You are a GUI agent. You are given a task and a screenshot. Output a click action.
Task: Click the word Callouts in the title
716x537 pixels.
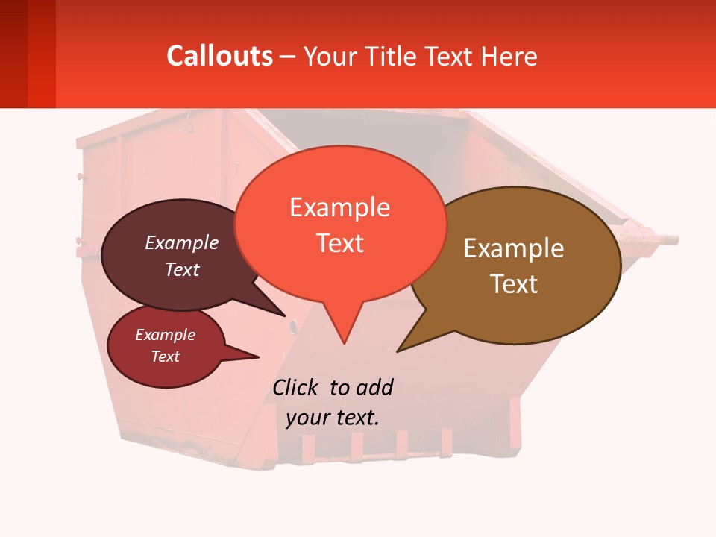click(x=219, y=56)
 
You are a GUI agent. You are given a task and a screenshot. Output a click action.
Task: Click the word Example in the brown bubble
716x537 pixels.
click(x=514, y=248)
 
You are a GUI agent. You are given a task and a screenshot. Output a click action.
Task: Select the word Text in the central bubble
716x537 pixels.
click(x=340, y=243)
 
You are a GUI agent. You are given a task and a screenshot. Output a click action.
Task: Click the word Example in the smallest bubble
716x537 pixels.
click(x=165, y=335)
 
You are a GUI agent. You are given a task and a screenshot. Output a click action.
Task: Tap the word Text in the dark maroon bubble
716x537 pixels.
click(x=182, y=270)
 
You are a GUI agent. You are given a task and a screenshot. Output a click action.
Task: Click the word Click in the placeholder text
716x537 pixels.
click(x=295, y=387)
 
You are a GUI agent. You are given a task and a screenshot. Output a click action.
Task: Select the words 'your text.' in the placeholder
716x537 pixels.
click(x=333, y=418)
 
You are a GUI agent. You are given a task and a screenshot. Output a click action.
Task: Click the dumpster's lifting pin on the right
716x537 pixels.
click(x=668, y=240)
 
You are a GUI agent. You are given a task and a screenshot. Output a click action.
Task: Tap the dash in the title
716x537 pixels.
click(x=288, y=57)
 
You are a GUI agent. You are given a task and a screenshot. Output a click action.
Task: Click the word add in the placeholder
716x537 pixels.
click(x=374, y=387)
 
